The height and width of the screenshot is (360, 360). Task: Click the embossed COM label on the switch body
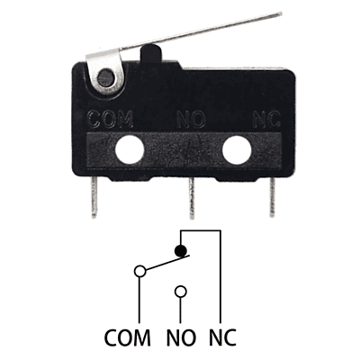pyautogui.click(x=111, y=119)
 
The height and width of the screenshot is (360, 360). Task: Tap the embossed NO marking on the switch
pyautogui.click(x=191, y=119)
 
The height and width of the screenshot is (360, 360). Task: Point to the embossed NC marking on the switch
pyautogui.click(x=266, y=119)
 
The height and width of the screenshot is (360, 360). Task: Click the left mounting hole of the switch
pyautogui.click(x=130, y=149)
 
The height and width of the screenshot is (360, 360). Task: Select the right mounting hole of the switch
pyautogui.click(x=237, y=149)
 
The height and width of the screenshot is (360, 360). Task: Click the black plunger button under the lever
pyautogui.click(x=151, y=54)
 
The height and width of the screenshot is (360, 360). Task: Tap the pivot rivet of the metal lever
pyautogui.click(x=106, y=77)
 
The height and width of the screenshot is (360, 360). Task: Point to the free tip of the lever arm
pyautogui.click(x=280, y=13)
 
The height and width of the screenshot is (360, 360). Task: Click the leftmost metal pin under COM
pyautogui.click(x=94, y=196)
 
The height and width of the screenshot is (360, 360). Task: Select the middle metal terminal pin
pyautogui.click(x=192, y=198)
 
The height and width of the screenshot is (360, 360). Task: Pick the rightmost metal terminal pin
pyautogui.click(x=272, y=196)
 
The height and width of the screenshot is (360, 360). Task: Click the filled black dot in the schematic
pyautogui.click(x=181, y=250)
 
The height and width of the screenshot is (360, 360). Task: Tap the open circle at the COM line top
pyautogui.click(x=139, y=271)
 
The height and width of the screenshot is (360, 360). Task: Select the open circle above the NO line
pyautogui.click(x=181, y=292)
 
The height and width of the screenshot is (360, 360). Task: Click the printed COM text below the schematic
pyautogui.click(x=127, y=337)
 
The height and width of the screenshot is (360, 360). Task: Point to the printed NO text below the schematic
pyautogui.click(x=181, y=337)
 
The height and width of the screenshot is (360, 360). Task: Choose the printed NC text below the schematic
pyautogui.click(x=222, y=337)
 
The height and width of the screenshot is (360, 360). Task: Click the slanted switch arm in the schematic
pyautogui.click(x=167, y=262)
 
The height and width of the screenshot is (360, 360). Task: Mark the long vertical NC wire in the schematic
pyautogui.click(x=220, y=276)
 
